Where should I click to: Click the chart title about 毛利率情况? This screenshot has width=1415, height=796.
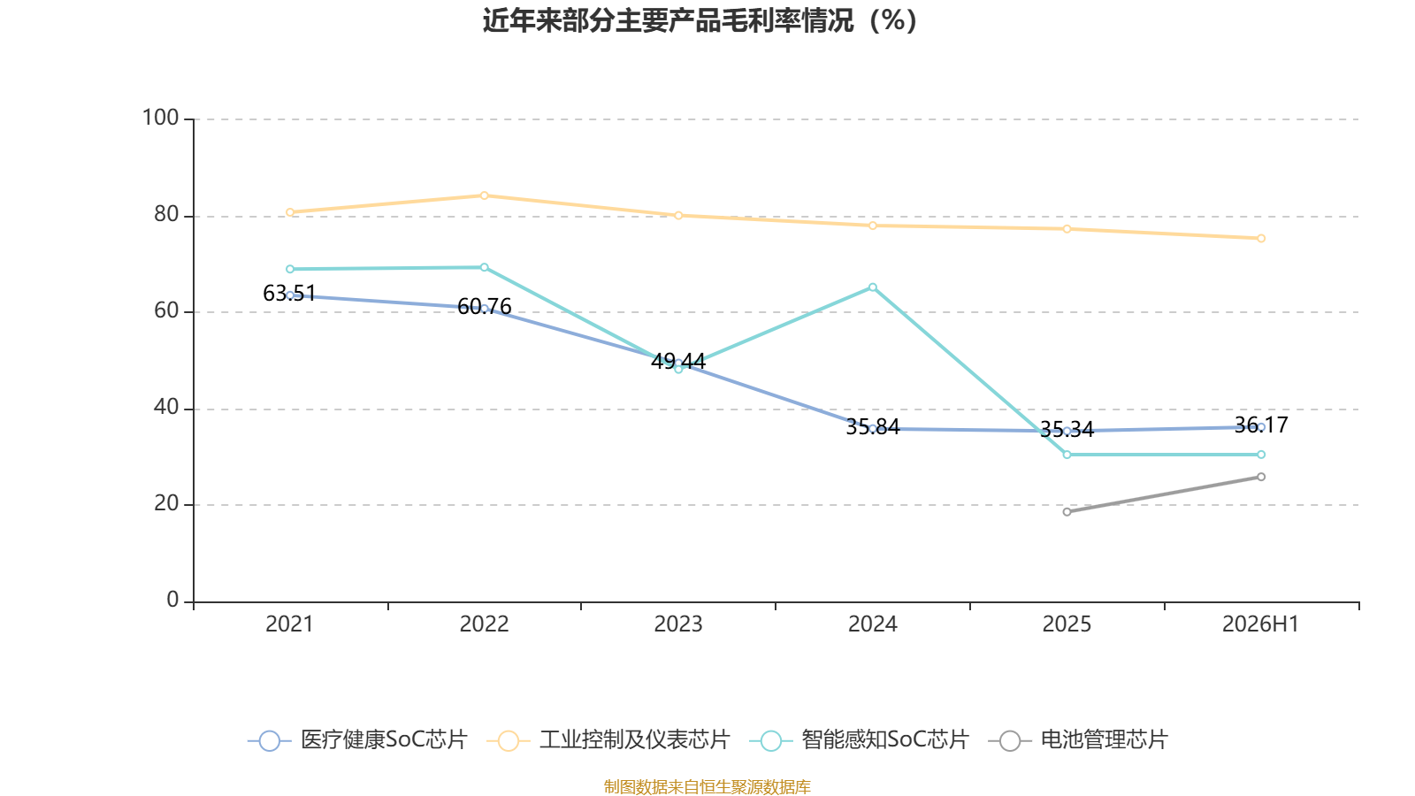(700, 21)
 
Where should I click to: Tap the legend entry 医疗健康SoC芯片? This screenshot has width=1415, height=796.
(357, 739)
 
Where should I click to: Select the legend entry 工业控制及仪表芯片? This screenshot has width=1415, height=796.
(608, 739)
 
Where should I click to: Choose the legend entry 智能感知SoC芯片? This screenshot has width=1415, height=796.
(859, 739)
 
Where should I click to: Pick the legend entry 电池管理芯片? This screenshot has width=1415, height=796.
(1078, 739)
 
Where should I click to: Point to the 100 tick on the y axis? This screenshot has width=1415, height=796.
(160, 119)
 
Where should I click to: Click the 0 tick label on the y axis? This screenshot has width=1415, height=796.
(172, 600)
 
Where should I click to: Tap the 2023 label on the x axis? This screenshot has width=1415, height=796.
(677, 624)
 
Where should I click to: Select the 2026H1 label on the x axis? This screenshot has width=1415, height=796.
(1260, 624)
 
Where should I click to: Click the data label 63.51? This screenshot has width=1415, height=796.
(289, 293)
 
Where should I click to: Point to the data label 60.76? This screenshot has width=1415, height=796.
(484, 307)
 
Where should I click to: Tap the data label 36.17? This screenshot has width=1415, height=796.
(1261, 425)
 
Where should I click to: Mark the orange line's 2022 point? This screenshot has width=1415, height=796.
(484, 195)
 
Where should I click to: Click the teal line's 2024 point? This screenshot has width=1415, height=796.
(872, 287)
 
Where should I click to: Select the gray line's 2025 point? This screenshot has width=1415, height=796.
(1067, 512)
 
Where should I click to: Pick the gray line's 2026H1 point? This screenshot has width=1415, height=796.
(1261, 477)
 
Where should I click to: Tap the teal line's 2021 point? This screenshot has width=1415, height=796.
(290, 269)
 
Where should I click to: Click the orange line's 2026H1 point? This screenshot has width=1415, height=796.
(1261, 239)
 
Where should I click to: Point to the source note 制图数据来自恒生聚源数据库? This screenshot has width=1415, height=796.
(707, 786)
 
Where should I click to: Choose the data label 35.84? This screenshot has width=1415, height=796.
(872, 427)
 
